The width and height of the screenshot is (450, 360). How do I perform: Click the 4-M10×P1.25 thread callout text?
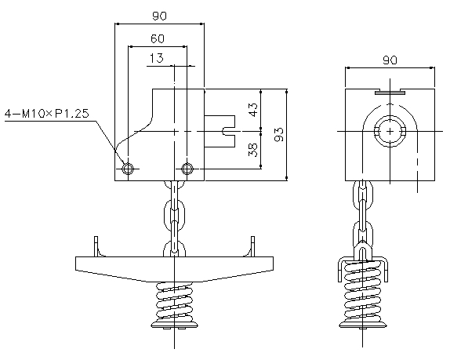click(x=47, y=114)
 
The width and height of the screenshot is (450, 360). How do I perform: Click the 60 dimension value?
click(x=158, y=38)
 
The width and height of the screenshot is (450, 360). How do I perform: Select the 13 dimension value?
click(x=157, y=58)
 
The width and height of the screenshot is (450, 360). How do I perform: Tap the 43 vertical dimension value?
click(x=253, y=110)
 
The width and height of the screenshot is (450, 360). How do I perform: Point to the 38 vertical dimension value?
click(x=253, y=150)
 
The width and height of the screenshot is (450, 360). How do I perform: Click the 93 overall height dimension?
click(x=279, y=134)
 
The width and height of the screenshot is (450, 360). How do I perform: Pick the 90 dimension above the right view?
click(x=390, y=60)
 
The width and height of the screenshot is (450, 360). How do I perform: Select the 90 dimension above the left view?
click(x=159, y=16)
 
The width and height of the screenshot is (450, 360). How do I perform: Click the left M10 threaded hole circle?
click(x=128, y=169)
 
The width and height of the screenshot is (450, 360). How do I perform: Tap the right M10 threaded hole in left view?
click(x=187, y=169)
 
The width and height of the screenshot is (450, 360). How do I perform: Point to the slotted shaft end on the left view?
click(x=220, y=132)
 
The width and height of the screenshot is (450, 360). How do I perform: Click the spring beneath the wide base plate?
click(x=175, y=301)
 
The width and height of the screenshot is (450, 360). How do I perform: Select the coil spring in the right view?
click(x=363, y=290)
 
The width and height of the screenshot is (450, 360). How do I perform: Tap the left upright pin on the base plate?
click(x=96, y=246)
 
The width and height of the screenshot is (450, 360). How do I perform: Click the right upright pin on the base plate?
click(x=253, y=246)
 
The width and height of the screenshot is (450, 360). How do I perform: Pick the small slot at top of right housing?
click(x=390, y=92)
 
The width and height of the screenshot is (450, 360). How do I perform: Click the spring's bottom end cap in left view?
click(x=175, y=325)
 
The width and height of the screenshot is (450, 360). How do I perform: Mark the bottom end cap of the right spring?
click(x=363, y=325)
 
